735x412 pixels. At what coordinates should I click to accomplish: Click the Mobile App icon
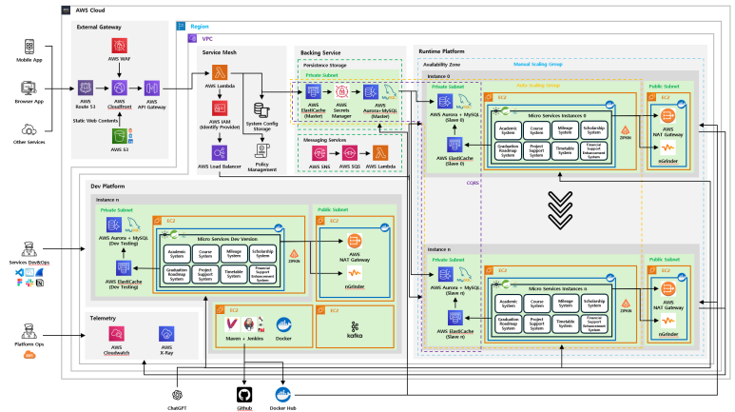click(29, 46)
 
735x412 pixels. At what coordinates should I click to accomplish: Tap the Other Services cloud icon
click(29, 130)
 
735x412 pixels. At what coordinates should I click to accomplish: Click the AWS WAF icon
click(120, 46)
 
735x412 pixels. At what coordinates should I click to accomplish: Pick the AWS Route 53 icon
click(87, 88)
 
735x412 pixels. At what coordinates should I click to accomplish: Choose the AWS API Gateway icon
click(151, 88)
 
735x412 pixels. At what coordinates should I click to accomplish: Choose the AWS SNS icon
click(319, 153)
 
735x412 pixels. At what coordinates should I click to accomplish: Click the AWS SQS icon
click(348, 153)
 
